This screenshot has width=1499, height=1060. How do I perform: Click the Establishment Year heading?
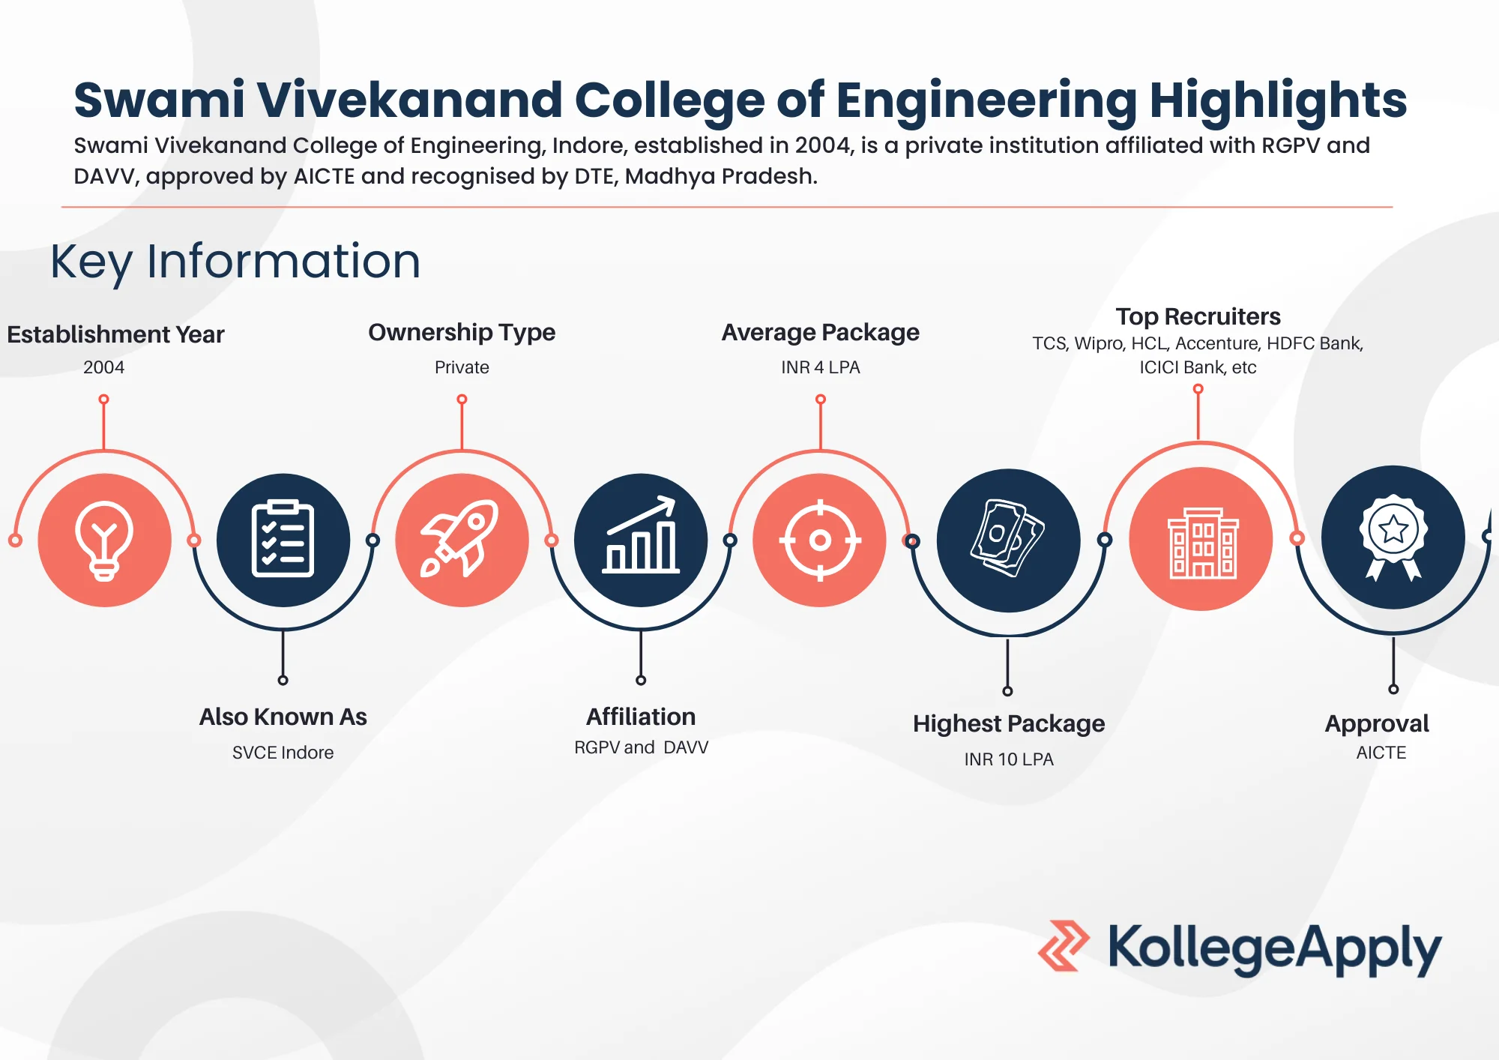(115, 334)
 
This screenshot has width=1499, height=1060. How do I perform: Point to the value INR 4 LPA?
(820, 367)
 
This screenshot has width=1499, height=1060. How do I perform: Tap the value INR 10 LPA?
(1008, 759)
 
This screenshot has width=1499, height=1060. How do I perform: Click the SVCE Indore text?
(283, 753)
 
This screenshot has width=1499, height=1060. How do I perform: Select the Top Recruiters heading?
(1198, 316)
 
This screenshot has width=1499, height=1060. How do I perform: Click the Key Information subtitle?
(235, 262)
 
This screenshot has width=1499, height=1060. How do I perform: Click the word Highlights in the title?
(1278, 100)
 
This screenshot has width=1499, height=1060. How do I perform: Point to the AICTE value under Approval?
(1381, 753)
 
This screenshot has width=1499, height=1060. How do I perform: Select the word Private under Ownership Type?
(462, 367)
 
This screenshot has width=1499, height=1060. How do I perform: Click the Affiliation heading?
(641, 717)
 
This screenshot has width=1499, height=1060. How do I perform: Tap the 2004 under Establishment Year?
(103, 367)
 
